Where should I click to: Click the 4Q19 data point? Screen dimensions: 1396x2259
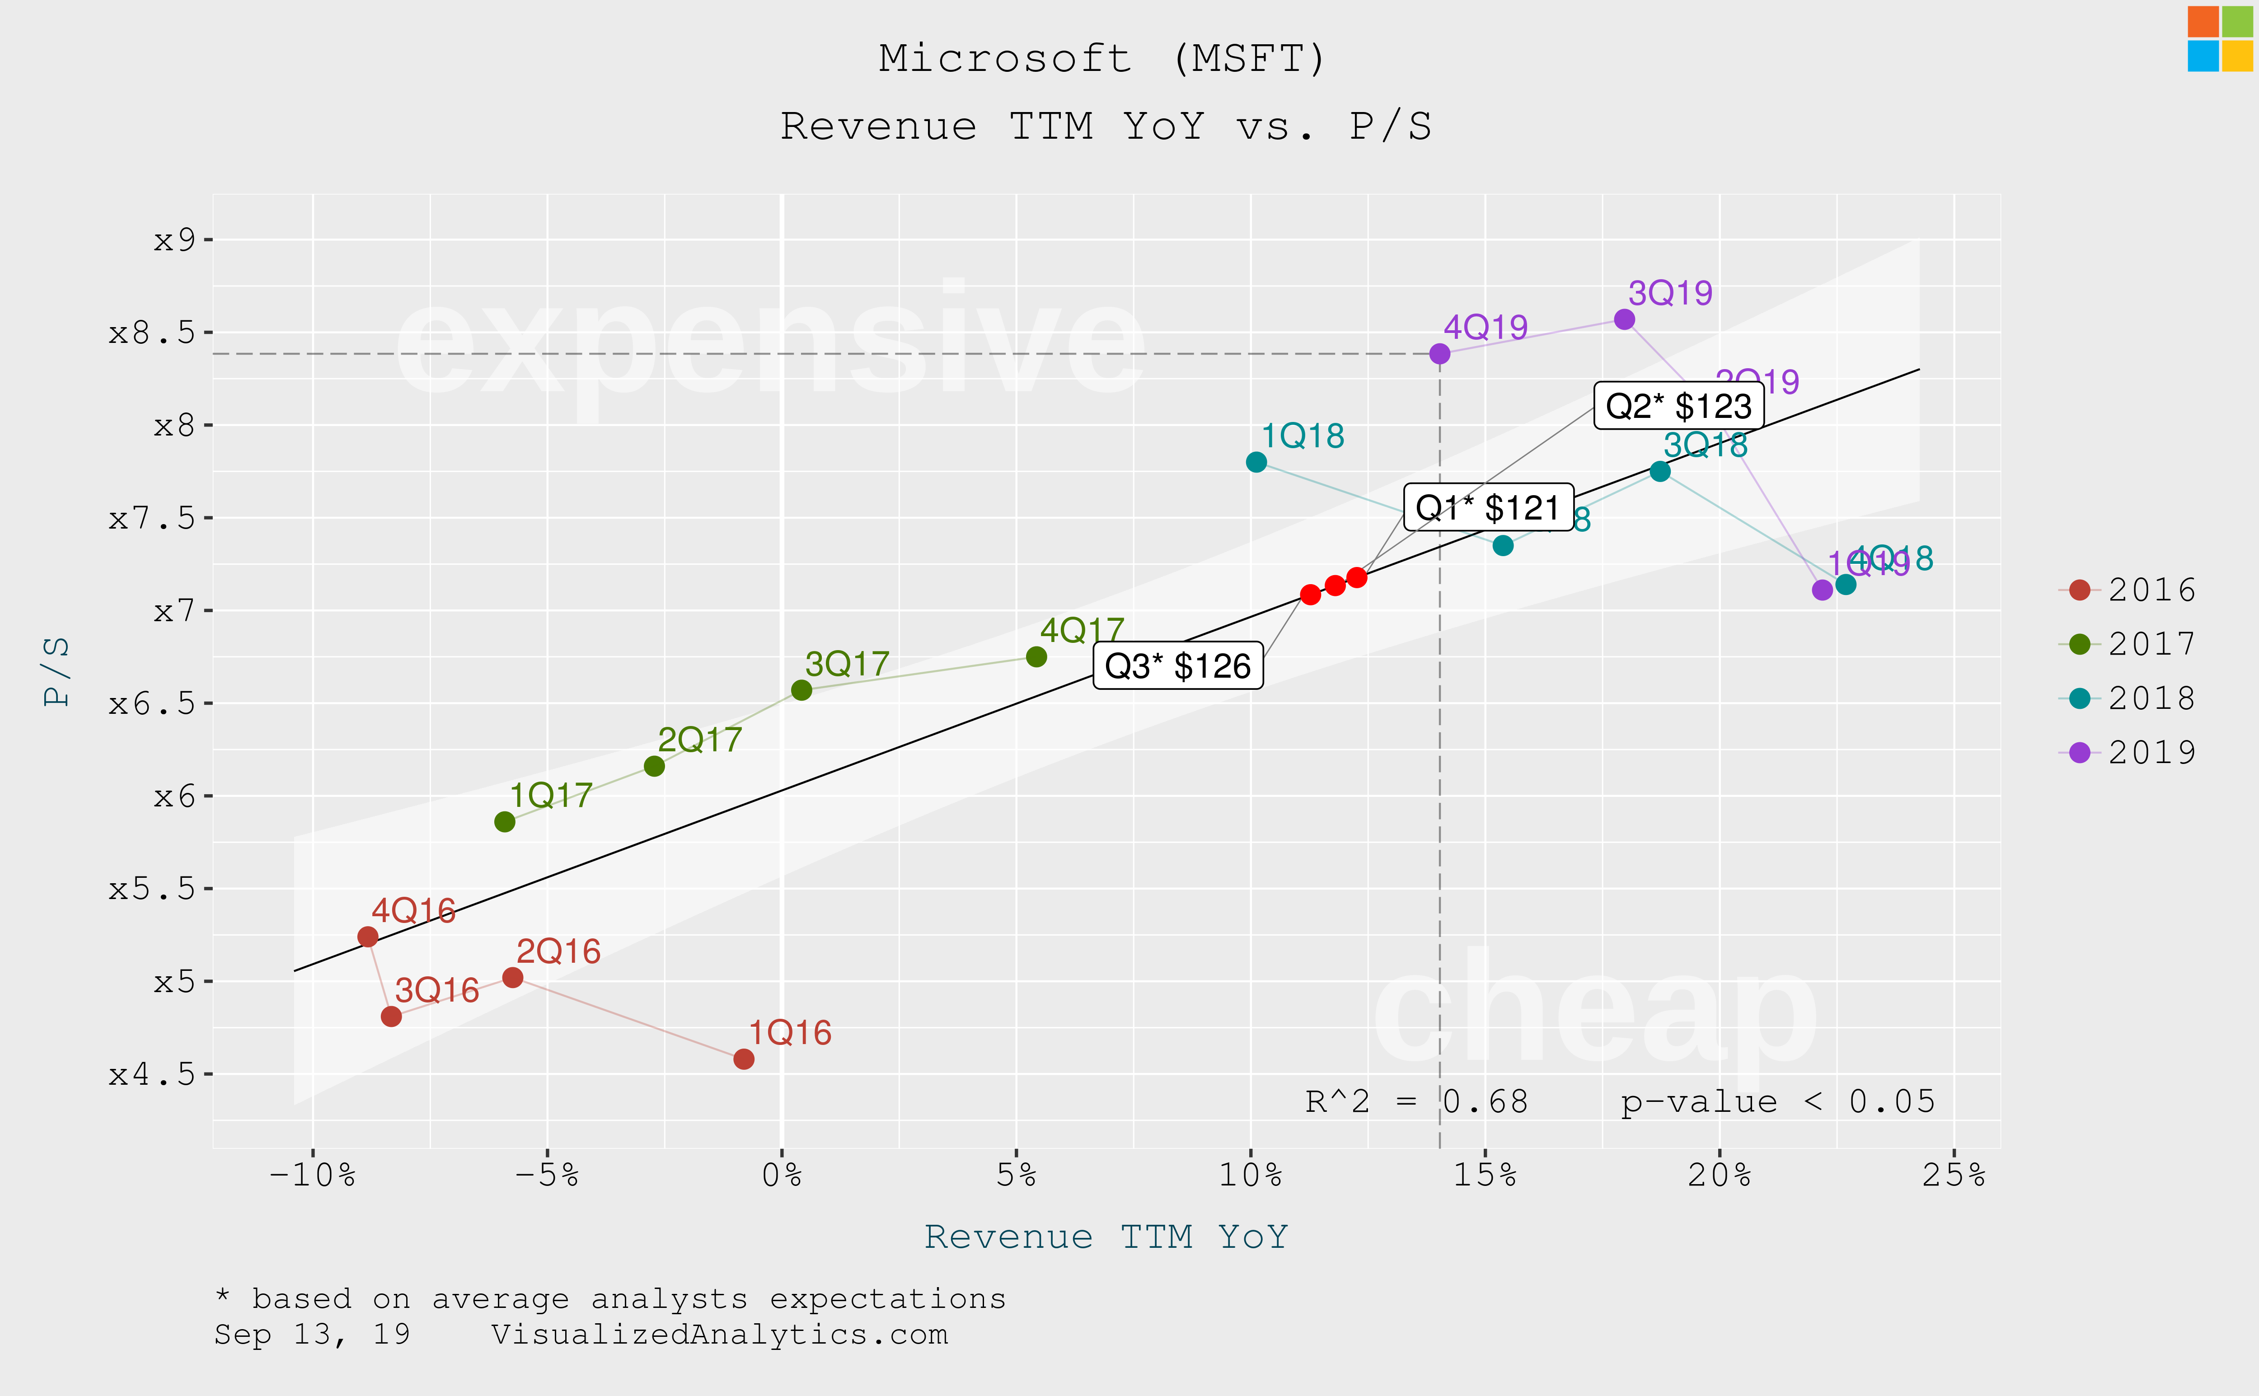[1439, 354]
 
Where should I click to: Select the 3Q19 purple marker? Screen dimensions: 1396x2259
[1624, 319]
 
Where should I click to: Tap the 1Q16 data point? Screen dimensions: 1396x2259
[743, 1059]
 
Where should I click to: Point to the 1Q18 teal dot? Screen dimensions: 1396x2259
[1256, 462]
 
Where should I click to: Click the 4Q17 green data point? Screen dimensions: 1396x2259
[1036, 656]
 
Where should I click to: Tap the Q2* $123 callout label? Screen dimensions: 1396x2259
[1678, 405]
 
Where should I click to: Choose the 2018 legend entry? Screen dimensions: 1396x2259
[2128, 698]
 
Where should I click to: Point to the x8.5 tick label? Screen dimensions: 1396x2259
[152, 333]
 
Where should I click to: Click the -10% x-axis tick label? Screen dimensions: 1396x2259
[312, 1176]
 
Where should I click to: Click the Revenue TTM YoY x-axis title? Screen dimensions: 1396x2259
[1106, 1236]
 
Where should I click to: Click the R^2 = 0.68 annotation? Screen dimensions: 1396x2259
[1416, 1101]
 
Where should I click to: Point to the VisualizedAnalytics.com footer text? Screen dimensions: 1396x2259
[719, 1334]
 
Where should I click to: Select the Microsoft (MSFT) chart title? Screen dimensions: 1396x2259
[1102, 58]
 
